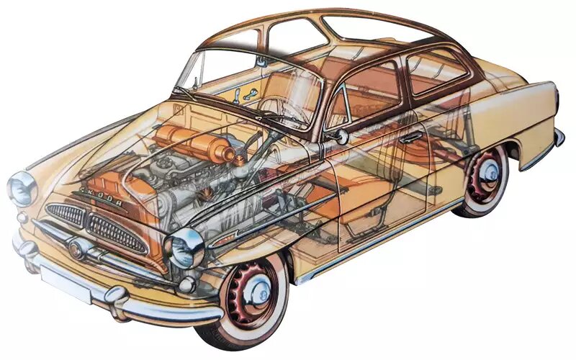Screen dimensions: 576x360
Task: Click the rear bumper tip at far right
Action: (x=558, y=137)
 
